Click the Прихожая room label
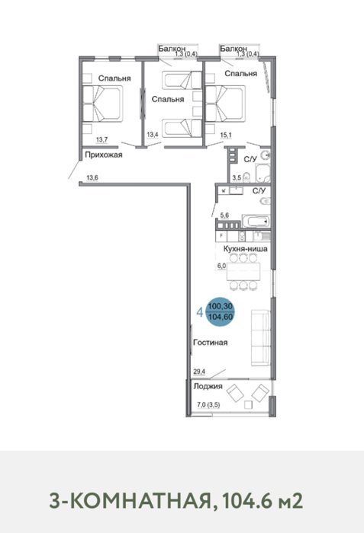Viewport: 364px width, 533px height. tap(103, 155)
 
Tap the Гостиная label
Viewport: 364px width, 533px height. tap(210, 343)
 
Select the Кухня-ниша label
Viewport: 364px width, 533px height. tap(245, 249)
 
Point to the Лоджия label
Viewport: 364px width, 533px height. tap(208, 386)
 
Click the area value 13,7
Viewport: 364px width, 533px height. tap(102, 139)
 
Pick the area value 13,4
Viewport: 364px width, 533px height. tap(153, 135)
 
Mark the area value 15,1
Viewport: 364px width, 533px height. tap(226, 135)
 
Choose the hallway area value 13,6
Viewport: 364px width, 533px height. tap(92, 177)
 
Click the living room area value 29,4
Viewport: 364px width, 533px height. tap(199, 372)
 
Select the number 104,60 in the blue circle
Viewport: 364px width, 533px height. tap(221, 318)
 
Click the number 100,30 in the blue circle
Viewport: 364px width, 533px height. tap(221, 306)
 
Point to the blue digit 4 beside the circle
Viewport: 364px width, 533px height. tap(201, 312)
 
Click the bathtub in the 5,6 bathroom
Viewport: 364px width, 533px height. tap(256, 222)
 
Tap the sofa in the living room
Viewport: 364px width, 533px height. tap(261, 338)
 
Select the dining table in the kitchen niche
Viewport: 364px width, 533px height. tap(243, 272)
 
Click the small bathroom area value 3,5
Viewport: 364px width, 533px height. tap(237, 177)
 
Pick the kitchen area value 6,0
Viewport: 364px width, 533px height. tap(221, 266)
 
